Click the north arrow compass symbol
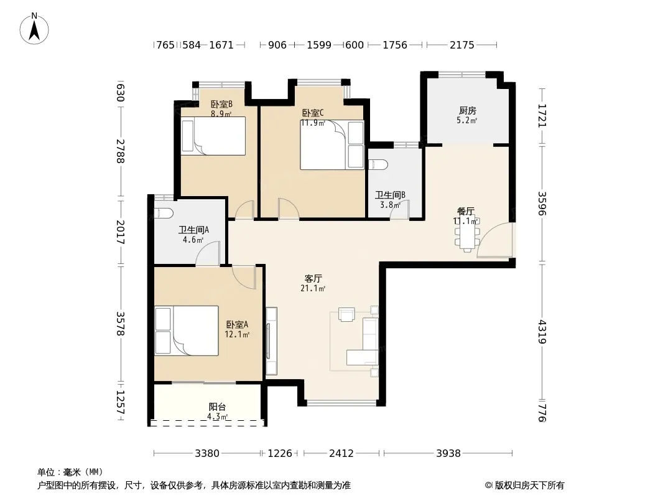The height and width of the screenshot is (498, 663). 34,29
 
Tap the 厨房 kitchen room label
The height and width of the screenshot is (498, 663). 467,110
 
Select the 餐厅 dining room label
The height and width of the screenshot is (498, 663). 466,211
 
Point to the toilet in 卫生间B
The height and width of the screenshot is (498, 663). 376,164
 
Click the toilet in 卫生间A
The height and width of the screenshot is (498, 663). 163,214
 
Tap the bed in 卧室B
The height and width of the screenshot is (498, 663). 213,136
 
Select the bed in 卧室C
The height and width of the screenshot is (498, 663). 332,144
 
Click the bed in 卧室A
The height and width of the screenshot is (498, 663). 187,331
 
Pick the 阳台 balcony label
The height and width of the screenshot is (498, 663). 217,407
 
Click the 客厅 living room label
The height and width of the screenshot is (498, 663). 313,278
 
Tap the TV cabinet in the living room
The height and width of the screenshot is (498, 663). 271,341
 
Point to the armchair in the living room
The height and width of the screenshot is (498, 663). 346,315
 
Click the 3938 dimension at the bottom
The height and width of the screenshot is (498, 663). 448,454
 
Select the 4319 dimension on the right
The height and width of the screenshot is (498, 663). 542,332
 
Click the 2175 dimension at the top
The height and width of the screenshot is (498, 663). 461,45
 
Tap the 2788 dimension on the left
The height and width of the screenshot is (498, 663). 120,151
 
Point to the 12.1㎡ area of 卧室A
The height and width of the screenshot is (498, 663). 237,335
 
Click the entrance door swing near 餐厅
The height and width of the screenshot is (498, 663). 494,240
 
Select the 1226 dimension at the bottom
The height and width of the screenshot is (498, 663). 280,454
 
